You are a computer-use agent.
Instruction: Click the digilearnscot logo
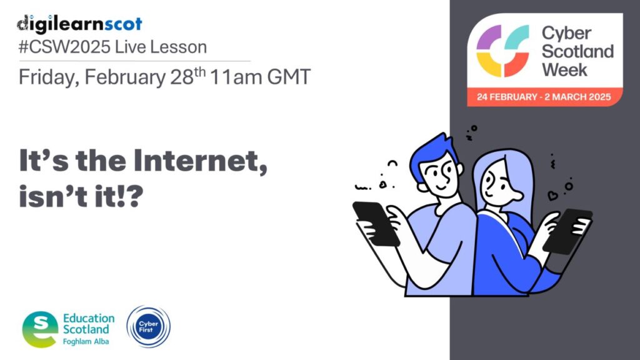pos(79,24)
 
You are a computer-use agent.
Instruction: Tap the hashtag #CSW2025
pos(64,47)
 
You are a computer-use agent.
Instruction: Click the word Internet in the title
pos(201,161)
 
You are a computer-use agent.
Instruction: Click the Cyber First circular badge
pos(149,326)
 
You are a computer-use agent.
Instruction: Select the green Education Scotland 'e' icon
pos(40,329)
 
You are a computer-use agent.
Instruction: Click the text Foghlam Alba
pos(86,342)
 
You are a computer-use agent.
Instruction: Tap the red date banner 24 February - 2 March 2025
pos(544,97)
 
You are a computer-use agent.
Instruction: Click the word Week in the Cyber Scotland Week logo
pos(564,70)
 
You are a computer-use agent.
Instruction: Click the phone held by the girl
pos(567,231)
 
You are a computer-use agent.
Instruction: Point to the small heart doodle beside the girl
pos(552,196)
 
